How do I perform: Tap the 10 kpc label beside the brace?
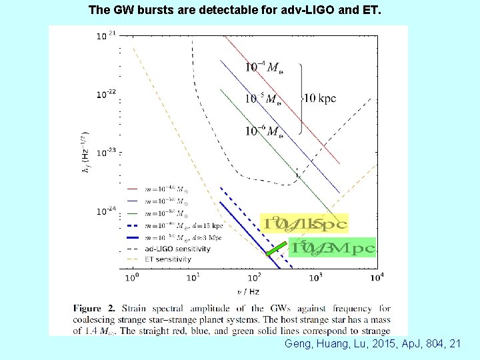click(319, 98)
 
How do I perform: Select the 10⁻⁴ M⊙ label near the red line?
click(263, 67)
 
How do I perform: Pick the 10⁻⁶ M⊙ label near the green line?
click(263, 131)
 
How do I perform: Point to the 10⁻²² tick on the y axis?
click(105, 94)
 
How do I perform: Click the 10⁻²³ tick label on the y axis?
click(105, 153)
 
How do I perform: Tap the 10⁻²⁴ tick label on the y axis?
click(105, 211)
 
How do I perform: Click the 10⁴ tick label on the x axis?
click(377, 277)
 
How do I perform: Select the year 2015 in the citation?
click(377, 344)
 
